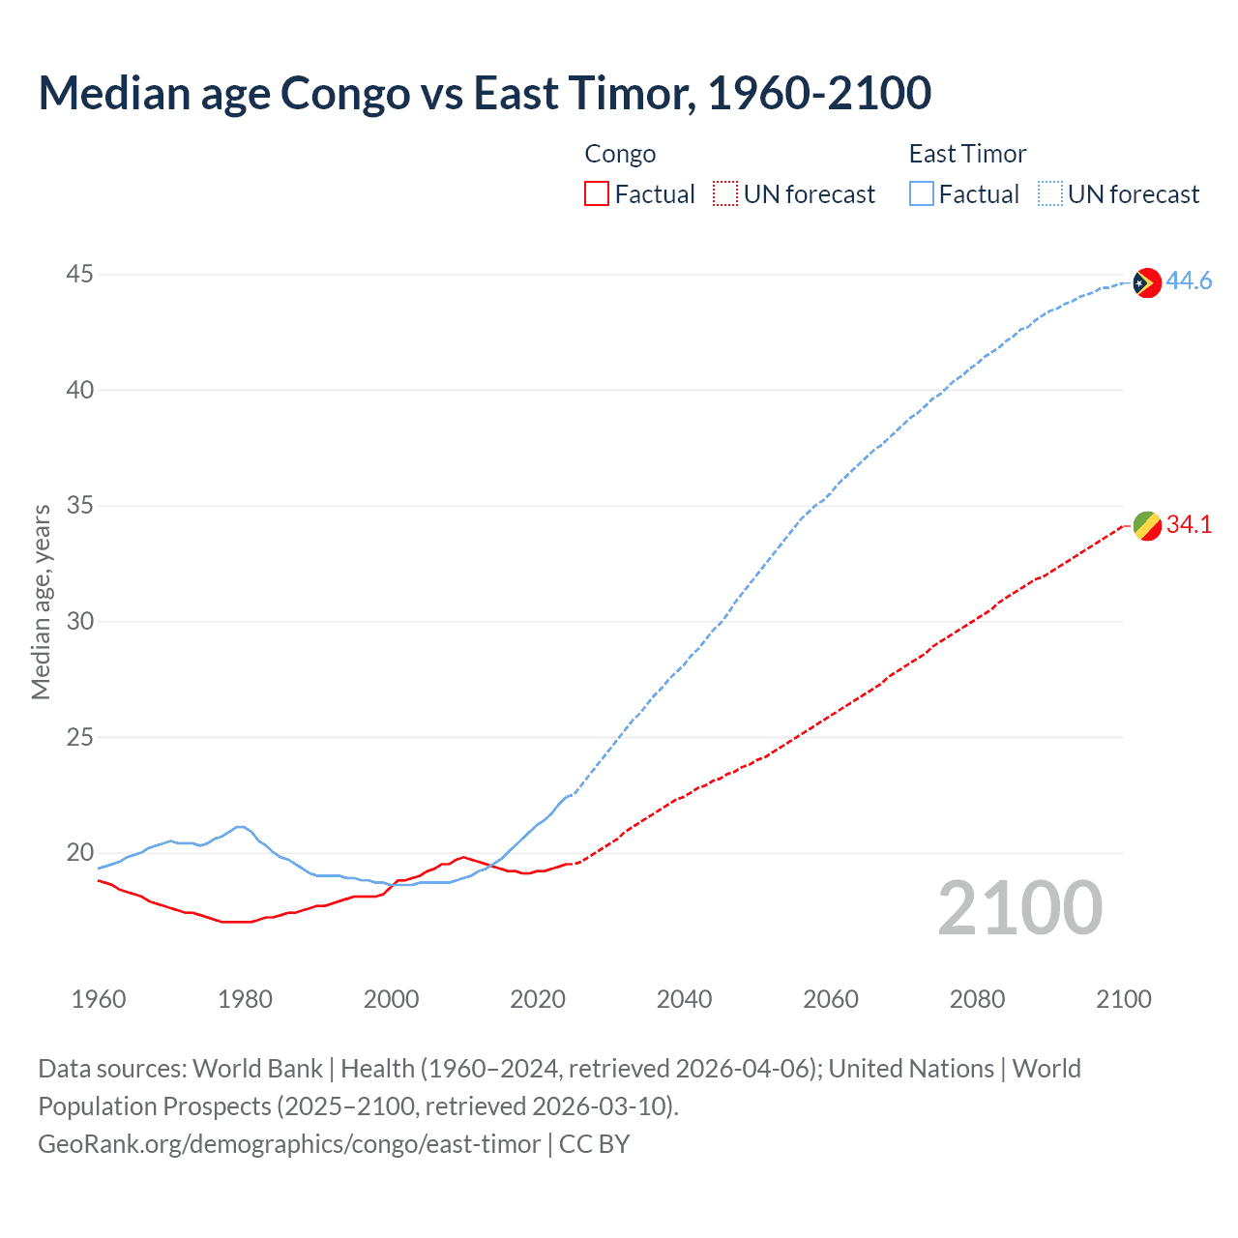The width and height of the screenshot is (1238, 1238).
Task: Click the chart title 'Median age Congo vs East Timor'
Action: coord(484,94)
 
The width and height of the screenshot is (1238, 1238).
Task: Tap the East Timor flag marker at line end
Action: coord(1146,282)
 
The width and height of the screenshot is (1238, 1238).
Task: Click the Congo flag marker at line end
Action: coord(1146,526)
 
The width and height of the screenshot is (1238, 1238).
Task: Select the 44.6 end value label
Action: coord(1189,281)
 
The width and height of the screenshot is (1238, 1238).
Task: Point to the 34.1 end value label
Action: coord(1189,525)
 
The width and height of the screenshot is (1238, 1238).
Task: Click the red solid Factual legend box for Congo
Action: coord(597,194)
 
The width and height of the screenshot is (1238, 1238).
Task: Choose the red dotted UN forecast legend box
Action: coord(725,194)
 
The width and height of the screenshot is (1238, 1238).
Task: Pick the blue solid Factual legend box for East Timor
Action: coord(922,194)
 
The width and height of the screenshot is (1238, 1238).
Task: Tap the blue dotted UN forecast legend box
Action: coord(1049,194)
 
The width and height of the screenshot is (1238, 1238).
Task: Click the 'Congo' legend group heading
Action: coord(620,154)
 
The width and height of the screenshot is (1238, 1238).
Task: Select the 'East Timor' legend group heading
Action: coord(967,154)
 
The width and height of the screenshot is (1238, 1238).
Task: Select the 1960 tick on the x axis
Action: coord(99,999)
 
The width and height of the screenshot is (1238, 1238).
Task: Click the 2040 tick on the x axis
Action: coord(684,999)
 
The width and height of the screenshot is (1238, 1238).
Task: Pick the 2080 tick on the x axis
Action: coord(977,999)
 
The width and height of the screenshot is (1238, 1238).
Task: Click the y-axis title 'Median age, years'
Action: coord(41,602)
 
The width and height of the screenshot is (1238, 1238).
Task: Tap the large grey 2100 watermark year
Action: coord(1019,908)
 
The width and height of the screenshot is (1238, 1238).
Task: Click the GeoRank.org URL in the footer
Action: coord(289,1144)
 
